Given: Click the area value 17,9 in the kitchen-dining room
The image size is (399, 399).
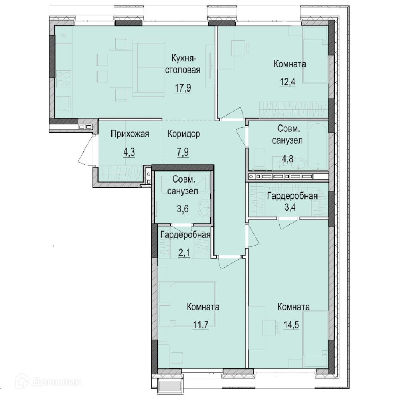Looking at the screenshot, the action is (x=183, y=88).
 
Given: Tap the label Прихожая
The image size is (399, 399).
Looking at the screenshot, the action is (x=130, y=134).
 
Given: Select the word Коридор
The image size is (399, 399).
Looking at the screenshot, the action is (x=184, y=134).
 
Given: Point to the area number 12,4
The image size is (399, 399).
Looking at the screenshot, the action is (x=288, y=82).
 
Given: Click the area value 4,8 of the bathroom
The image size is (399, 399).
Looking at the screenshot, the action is (x=288, y=159).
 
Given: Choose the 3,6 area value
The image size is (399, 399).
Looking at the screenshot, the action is (x=183, y=209).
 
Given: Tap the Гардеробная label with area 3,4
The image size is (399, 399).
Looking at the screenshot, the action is (x=292, y=196).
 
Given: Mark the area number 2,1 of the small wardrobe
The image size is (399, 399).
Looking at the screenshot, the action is (x=184, y=253).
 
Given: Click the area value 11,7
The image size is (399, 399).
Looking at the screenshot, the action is (x=201, y=324).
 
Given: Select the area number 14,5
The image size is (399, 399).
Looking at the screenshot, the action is (x=291, y=325).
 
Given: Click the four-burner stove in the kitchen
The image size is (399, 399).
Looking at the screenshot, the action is (x=63, y=79).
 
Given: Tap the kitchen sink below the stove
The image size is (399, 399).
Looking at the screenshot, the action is (x=63, y=104).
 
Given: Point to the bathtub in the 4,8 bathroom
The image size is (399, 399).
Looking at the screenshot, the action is (x=317, y=146).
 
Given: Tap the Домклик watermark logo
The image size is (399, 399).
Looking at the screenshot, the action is (x=48, y=382).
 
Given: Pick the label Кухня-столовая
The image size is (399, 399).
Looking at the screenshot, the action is (x=183, y=64).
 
